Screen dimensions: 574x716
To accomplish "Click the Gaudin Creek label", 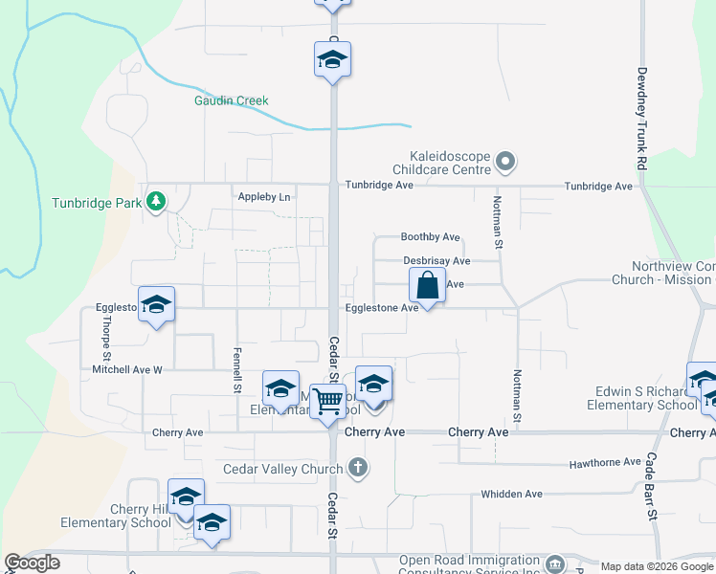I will (231, 100).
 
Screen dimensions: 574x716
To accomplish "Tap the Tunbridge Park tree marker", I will (156, 202).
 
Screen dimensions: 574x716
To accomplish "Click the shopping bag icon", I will (427, 285).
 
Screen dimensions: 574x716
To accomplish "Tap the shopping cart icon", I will (327, 401).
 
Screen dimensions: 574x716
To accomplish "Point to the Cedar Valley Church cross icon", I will (358, 469).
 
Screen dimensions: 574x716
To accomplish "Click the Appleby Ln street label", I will (263, 197).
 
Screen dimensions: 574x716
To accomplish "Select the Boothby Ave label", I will (431, 237).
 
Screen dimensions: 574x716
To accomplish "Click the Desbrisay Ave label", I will (436, 260).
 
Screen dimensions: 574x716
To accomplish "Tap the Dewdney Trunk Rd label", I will (642, 120).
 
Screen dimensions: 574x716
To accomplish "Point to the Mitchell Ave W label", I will (128, 368).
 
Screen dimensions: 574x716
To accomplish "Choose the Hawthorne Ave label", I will (605, 462).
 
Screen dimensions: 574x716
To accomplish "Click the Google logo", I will (32, 563).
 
